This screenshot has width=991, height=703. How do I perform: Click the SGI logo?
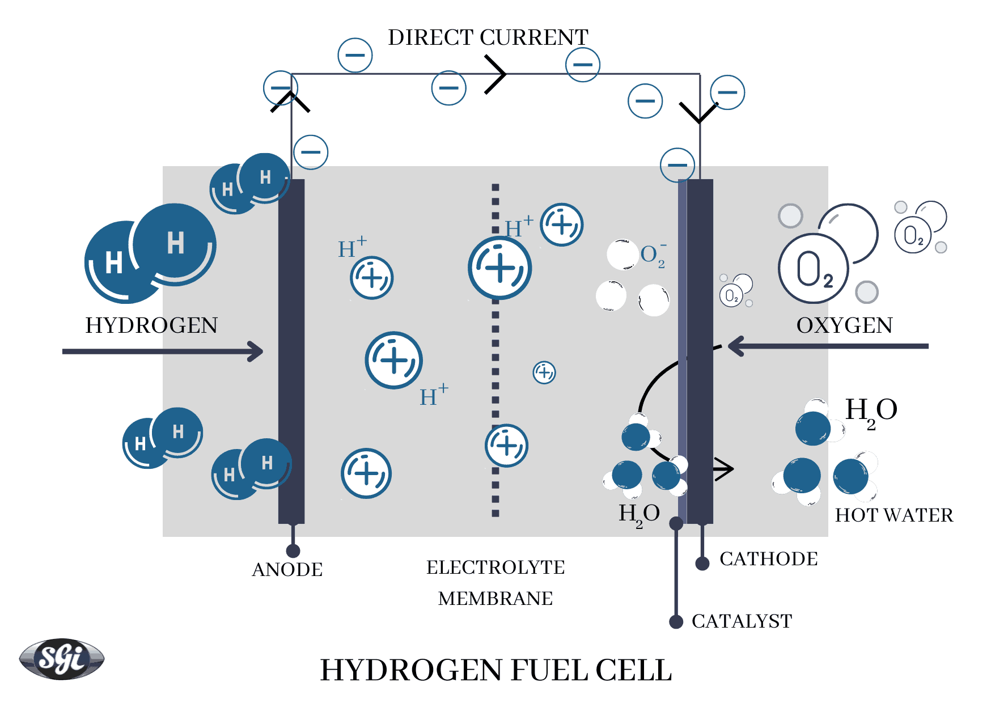[62, 658]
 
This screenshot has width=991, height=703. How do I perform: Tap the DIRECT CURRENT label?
[488, 37]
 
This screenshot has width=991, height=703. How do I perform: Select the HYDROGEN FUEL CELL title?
[496, 670]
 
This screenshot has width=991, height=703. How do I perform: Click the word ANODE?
[287, 569]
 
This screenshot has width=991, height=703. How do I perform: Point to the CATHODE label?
[768, 558]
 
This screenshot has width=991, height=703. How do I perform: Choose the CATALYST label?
[742, 621]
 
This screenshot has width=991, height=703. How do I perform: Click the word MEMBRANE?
[495, 598]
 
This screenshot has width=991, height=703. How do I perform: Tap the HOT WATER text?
[893, 515]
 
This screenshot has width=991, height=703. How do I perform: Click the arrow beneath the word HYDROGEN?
[162, 351]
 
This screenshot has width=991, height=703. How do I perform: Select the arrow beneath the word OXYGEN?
[828, 346]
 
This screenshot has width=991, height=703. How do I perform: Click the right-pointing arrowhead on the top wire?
[496, 74]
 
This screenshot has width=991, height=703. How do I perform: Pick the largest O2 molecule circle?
[814, 268]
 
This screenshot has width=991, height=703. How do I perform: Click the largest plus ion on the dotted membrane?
[499, 268]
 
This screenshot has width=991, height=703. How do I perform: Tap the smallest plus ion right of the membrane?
[544, 372]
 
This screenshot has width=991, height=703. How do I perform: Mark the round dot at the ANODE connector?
[293, 550]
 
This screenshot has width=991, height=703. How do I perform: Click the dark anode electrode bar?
[291, 351]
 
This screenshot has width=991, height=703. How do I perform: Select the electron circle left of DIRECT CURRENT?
[355, 55]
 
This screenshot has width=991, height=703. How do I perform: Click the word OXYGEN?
[844, 325]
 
